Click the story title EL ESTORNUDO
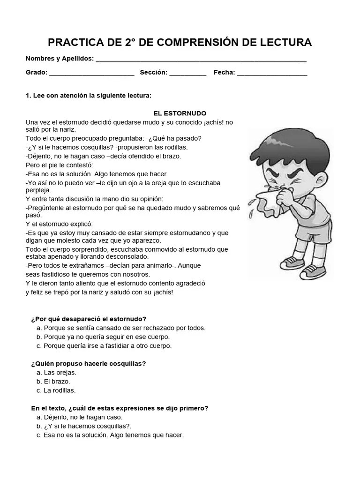click(x=180, y=113)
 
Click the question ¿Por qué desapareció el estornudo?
click(x=89, y=319)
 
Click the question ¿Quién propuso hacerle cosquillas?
click(x=88, y=363)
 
